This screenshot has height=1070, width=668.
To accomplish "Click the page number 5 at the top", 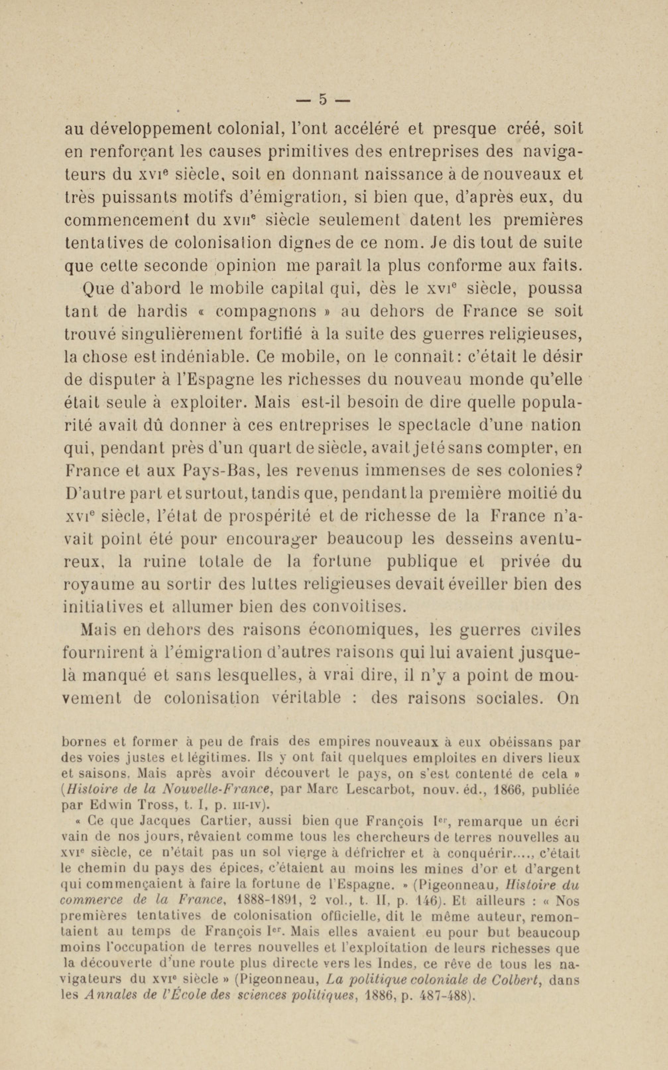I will [x=323, y=100].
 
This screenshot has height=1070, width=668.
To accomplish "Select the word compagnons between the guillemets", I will [x=267, y=311].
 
